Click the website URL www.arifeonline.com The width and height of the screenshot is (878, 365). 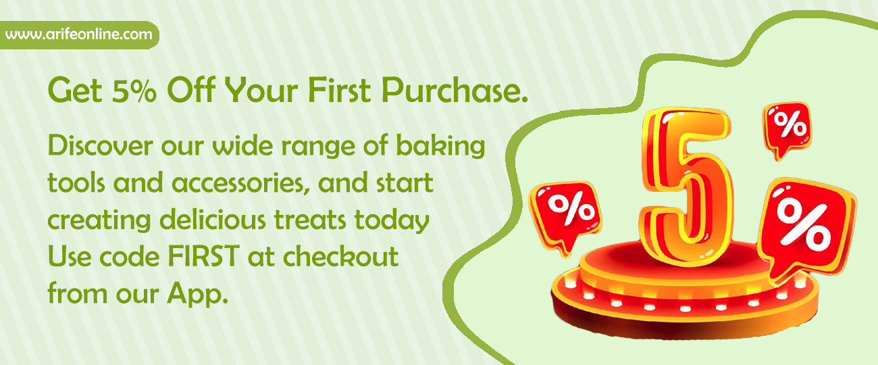click(x=79, y=34)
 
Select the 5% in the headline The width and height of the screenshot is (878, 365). click(x=134, y=91)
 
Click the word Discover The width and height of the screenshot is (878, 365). click(x=100, y=145)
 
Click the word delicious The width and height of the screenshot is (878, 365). click(x=213, y=219)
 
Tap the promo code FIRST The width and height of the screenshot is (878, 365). click(x=203, y=257)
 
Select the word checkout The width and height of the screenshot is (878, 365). click(x=341, y=256)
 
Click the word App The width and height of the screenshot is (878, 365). click(x=197, y=294)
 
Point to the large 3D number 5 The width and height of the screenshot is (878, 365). click(x=686, y=187)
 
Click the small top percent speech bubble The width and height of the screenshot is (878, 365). click(x=787, y=130)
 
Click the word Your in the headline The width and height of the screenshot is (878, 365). click(x=261, y=91)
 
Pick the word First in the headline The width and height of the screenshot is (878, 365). click(x=340, y=91)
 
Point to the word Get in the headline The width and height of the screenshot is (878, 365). click(x=75, y=91)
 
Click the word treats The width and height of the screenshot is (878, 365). click(x=310, y=220)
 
